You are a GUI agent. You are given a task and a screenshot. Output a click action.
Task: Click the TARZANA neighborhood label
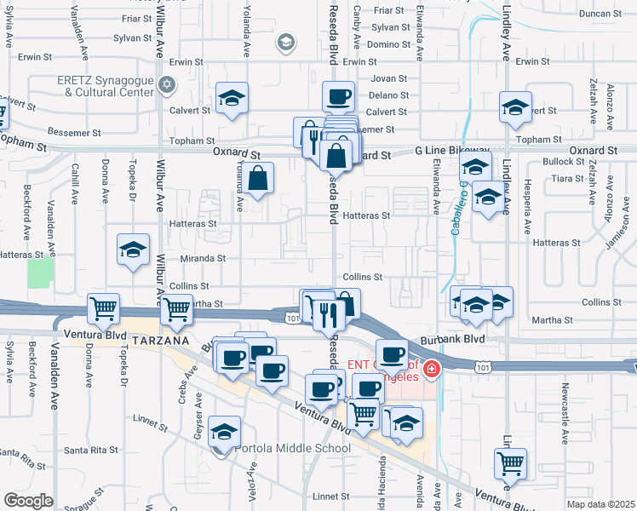pyautogui.click(x=159, y=340)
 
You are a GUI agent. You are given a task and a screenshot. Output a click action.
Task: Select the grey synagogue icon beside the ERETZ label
pyautogui.click(x=167, y=84)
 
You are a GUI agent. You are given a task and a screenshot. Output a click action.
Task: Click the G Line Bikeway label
pyautogui.click(x=452, y=149)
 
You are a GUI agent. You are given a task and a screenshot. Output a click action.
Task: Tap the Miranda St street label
pyautogui.click(x=203, y=258)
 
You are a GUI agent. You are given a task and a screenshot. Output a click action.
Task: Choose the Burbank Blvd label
pyautogui.click(x=462, y=338)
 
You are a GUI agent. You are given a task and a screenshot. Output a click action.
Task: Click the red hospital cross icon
pyautogui.click(x=432, y=370)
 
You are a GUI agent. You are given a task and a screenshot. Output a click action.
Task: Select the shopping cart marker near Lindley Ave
pyautogui.click(x=510, y=464)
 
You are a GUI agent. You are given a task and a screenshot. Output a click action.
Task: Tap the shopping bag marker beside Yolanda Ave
pyautogui.click(x=259, y=180)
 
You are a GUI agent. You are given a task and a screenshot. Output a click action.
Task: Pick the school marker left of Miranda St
pyautogui.click(x=133, y=250)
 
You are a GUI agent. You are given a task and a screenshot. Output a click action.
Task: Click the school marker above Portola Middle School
pyautogui.click(x=224, y=432)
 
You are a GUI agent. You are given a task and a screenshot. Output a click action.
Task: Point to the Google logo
pyautogui.click(x=28, y=500)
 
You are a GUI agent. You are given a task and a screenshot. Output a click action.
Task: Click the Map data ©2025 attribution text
pyautogui.click(x=600, y=503)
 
